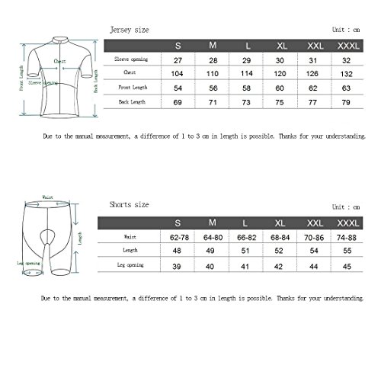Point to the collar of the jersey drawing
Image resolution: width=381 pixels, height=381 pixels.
(50, 37)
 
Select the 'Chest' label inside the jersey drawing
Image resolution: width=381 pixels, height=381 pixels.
(59, 62)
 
